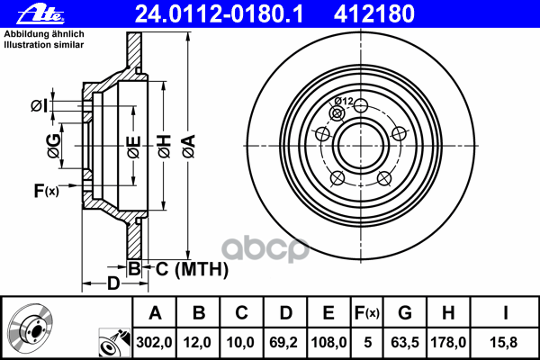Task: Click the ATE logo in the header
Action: point(40,15)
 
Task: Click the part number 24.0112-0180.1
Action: point(219,14)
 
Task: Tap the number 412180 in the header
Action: point(374,14)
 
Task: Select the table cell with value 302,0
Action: point(154,342)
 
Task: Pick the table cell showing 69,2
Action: point(285,342)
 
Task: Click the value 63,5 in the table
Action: point(405,342)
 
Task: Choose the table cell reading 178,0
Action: point(448,342)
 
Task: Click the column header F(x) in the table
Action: point(367,313)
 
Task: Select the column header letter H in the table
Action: point(448,313)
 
